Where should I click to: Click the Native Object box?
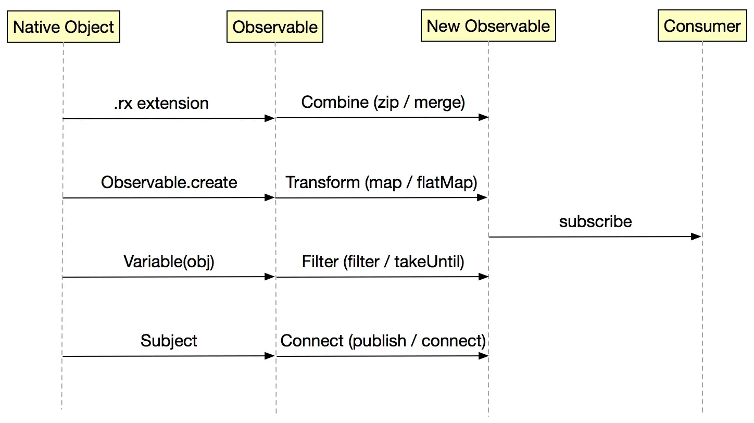pos(64,27)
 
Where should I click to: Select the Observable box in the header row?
pos(275,27)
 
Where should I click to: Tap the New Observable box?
pos(488,26)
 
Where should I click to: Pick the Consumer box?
pos(702,26)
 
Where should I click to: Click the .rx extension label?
pos(161,104)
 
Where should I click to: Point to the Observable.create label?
pos(169,182)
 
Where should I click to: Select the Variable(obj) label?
pos(169,262)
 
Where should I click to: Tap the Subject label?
pos(169,341)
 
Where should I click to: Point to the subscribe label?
pos(595,221)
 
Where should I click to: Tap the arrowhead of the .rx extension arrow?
pos(270,118)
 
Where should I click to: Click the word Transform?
pos(322,182)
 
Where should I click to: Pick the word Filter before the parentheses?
pos(320,262)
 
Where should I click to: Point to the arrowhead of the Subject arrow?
pos(270,356)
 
